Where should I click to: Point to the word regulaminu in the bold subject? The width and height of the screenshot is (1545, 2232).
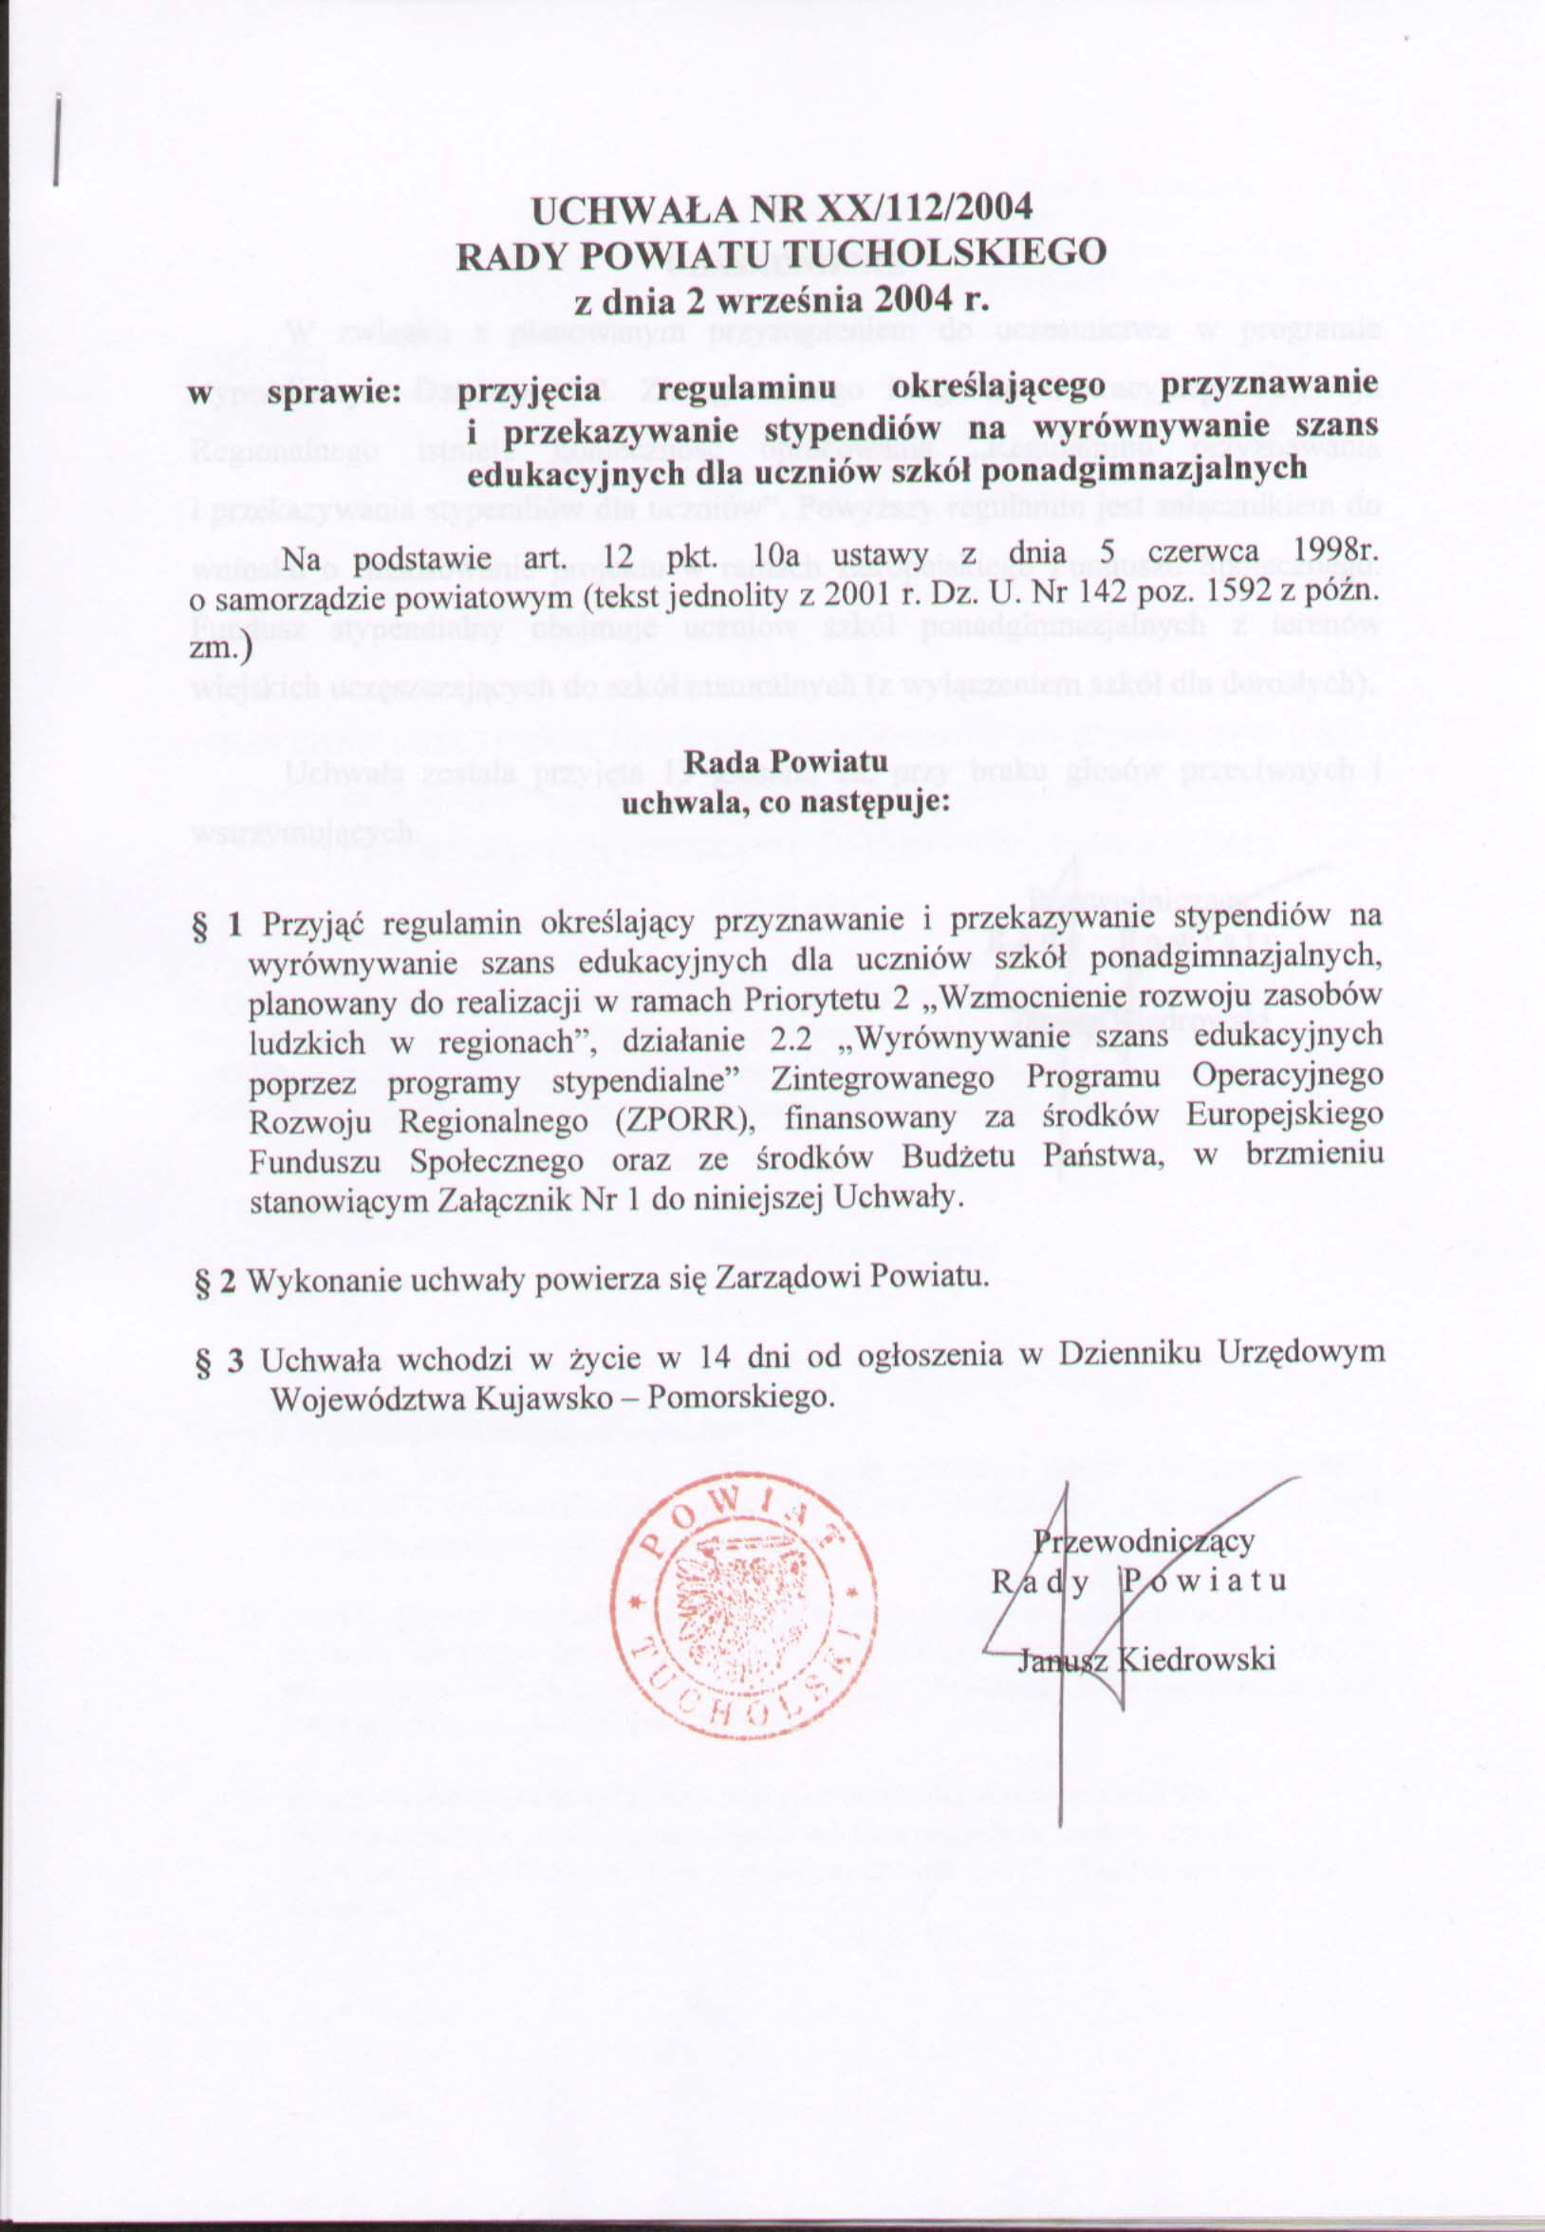[745, 388]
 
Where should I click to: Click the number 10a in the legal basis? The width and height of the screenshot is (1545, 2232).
[773, 556]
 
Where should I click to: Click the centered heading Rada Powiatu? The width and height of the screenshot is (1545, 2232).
[785, 762]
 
